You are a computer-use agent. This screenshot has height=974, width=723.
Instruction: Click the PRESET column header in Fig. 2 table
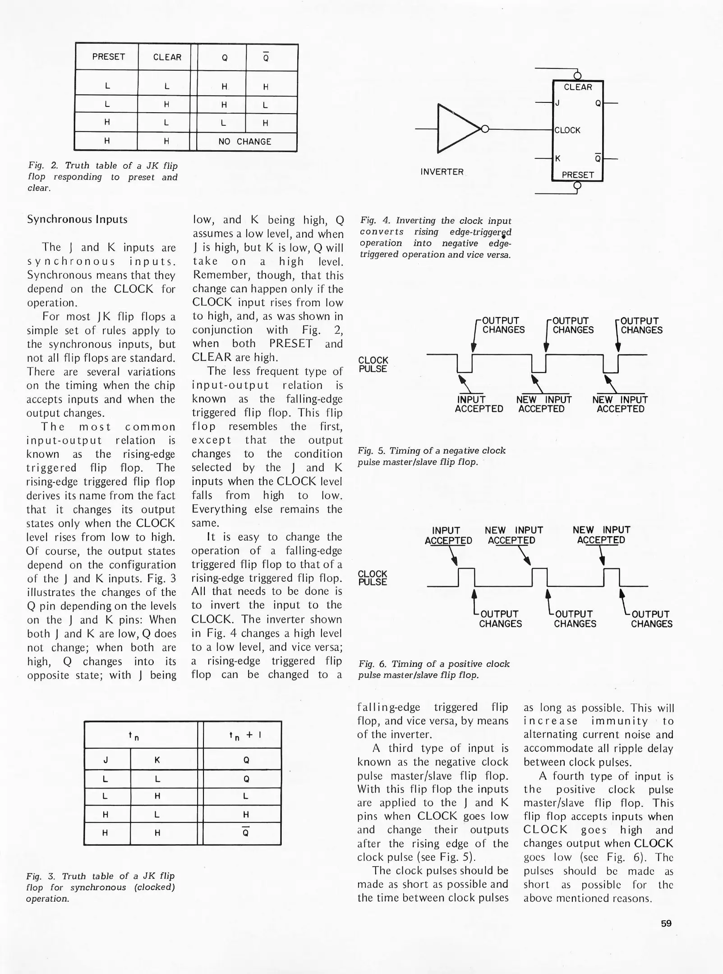click(108, 57)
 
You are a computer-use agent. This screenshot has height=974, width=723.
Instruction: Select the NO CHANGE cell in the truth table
click(244, 142)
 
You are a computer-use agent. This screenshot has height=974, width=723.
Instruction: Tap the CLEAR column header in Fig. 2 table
click(167, 57)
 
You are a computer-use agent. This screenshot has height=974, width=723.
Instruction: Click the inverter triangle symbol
click(455, 129)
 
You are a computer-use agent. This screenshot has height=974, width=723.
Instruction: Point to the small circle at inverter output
click(485, 129)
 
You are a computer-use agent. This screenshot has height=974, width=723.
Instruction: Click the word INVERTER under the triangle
click(442, 172)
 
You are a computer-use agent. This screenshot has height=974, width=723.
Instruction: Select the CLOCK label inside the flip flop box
click(567, 130)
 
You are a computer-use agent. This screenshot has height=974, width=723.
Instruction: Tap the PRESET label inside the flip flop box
click(577, 175)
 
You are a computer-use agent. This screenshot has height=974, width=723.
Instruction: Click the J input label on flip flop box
click(558, 103)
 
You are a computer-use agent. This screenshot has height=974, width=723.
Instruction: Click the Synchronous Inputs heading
click(77, 220)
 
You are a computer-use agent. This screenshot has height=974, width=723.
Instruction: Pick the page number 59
click(666, 923)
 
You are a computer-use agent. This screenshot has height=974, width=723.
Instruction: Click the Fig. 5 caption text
click(431, 456)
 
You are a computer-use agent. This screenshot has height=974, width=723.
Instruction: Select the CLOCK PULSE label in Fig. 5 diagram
click(373, 364)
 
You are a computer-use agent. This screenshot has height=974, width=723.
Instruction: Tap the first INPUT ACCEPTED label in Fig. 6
click(447, 535)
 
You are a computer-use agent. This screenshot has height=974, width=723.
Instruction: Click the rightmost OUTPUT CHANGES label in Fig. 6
click(651, 619)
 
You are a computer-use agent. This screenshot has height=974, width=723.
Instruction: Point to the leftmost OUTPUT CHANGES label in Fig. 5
click(503, 325)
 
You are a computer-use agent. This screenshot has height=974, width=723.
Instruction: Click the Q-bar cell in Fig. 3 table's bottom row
click(246, 832)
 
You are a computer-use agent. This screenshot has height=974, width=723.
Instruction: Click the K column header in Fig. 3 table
click(157, 760)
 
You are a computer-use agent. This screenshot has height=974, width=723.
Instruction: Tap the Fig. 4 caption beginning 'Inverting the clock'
click(435, 238)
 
